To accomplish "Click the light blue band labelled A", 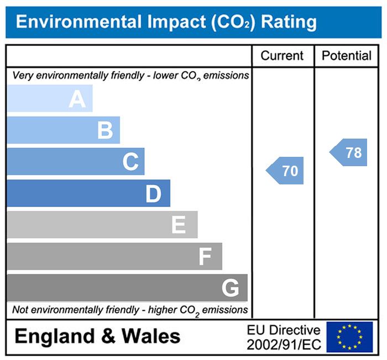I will pos(50,99).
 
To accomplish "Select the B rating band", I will pos(63,130).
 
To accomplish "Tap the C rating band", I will pos(76,162).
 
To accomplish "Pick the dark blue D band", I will pos(88,193).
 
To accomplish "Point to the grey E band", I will pos(102,225).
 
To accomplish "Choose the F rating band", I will pos(114,256).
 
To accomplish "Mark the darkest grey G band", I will pos(127,288).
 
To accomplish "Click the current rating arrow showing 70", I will pos(286,171).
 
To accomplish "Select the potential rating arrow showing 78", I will pos(349,152).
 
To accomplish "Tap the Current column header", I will pos(282,56).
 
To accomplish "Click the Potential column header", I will pos(347,56).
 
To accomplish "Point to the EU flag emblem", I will pos(349,336).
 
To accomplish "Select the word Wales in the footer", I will pos(151,336).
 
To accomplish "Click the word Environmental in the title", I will pos(77,22).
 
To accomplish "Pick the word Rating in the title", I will pos(289,22).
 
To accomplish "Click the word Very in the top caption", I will pos(22,75).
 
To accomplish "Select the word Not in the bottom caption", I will pos(20,310).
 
